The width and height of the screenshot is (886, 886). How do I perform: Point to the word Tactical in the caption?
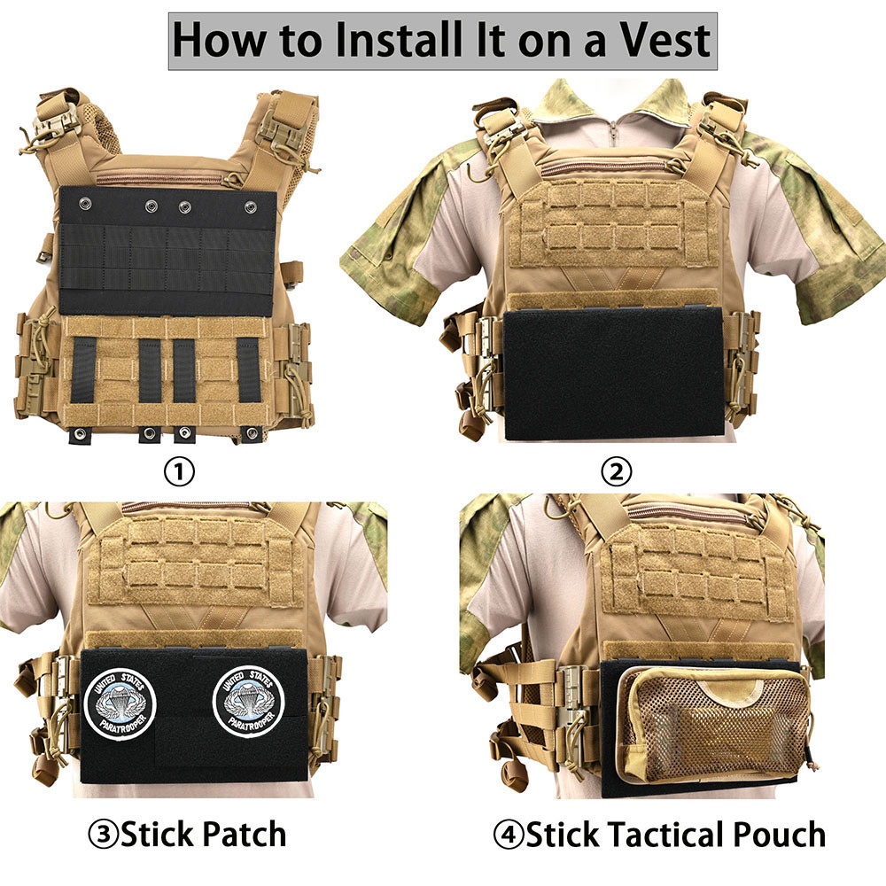[657, 834]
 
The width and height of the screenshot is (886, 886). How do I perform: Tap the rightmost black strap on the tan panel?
[248, 369]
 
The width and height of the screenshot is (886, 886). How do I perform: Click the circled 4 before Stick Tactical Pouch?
[509, 834]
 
